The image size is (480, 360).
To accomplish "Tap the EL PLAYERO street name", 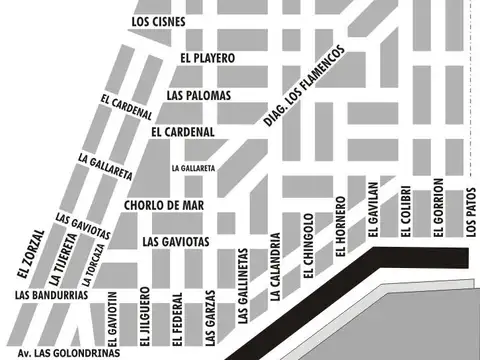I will (x=207, y=58).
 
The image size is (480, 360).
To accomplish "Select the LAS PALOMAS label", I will (x=199, y=95).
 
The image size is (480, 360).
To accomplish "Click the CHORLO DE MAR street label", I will (x=164, y=205).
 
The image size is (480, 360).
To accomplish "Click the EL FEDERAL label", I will (x=177, y=317).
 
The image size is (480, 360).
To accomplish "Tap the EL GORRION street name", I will (x=438, y=208).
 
